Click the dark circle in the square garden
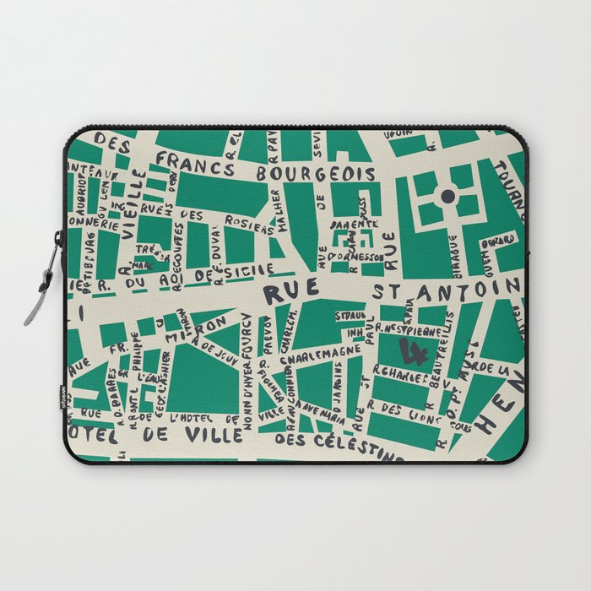[447, 197]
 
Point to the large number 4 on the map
[415, 349]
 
